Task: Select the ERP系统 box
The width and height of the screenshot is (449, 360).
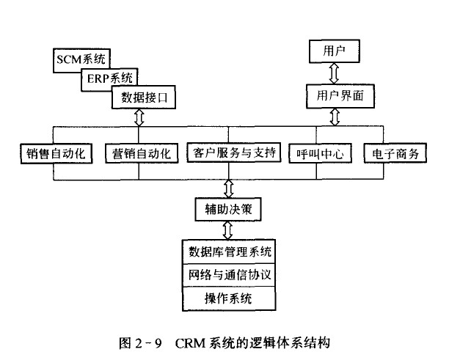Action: click(109, 77)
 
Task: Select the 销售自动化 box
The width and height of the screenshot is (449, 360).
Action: click(56, 154)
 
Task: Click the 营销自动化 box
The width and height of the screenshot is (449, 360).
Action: click(142, 154)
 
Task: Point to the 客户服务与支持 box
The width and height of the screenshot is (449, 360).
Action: click(233, 154)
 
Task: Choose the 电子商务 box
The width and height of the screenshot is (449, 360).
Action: click(394, 154)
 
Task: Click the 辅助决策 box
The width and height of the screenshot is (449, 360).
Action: click(229, 209)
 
